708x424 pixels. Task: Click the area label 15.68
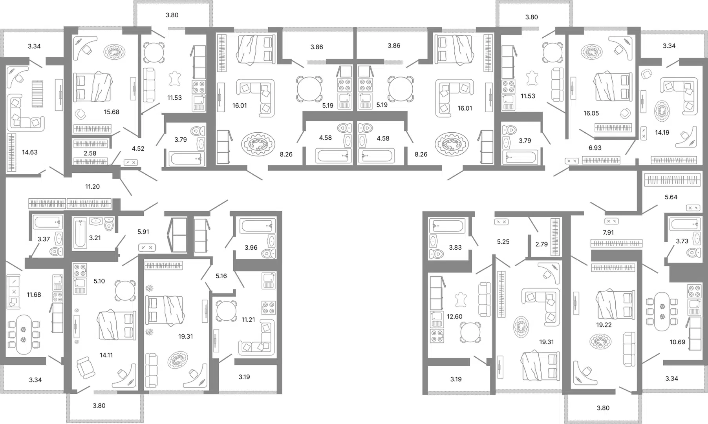(112, 112)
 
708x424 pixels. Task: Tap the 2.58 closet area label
(90, 153)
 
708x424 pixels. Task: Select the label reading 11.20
(92, 186)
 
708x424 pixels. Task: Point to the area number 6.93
(595, 148)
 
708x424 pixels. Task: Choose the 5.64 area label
(671, 197)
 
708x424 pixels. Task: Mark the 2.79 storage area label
(542, 244)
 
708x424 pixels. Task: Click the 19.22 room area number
(604, 325)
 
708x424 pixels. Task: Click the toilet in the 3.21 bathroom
(109, 224)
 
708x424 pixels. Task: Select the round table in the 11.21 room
(226, 311)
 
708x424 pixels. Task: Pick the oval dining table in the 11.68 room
(24, 334)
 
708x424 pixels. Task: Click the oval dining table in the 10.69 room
(662, 312)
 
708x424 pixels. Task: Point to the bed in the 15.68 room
(93, 87)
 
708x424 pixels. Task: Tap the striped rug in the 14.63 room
(37, 94)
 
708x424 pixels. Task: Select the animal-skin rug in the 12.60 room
(461, 300)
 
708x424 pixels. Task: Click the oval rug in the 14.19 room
(662, 111)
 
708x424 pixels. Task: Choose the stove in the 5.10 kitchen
(80, 270)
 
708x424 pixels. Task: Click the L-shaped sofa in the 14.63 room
(24, 113)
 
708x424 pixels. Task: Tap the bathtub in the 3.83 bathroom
(448, 226)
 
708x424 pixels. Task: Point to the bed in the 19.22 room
(615, 305)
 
